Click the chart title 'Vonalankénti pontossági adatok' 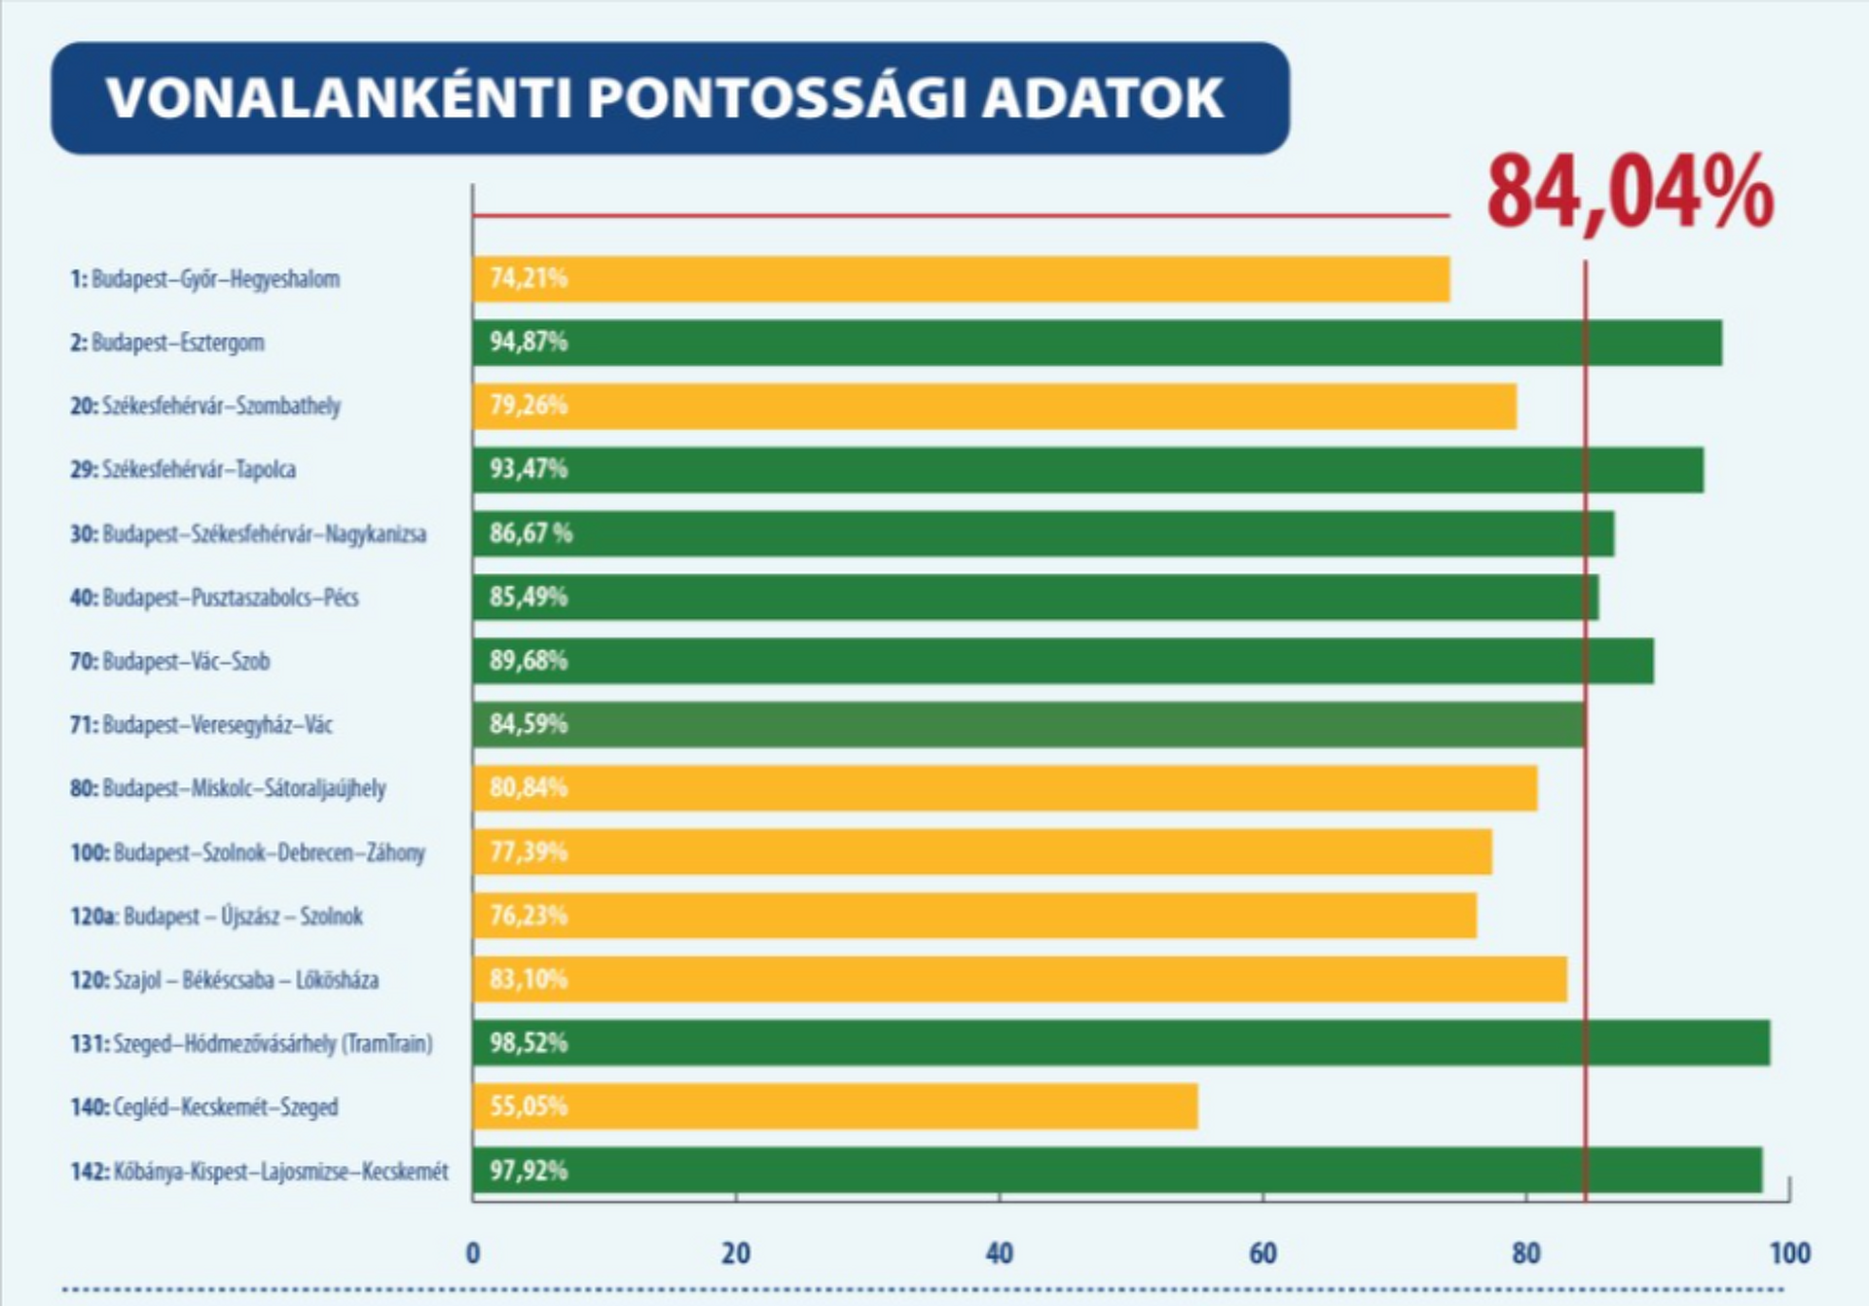point(665,97)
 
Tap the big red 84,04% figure point(1630,194)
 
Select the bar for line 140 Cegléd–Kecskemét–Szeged point(835,1106)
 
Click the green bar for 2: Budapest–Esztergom point(1097,343)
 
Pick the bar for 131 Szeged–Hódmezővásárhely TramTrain point(1121,1043)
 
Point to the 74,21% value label point(528,278)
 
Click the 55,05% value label point(528,1106)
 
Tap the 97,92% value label point(528,1170)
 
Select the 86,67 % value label point(531,533)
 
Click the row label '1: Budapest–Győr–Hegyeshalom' point(204,279)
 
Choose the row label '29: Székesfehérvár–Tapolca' point(183,470)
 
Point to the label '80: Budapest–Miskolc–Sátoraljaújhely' point(228,788)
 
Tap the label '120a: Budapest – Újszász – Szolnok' point(216,917)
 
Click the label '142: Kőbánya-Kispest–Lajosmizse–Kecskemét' point(259,1171)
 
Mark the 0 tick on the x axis point(473,1253)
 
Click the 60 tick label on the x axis point(1263,1253)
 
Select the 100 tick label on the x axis point(1789,1253)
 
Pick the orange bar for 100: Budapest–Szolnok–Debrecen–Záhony point(982,853)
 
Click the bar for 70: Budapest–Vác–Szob point(1063,661)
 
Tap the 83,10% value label point(528,979)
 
